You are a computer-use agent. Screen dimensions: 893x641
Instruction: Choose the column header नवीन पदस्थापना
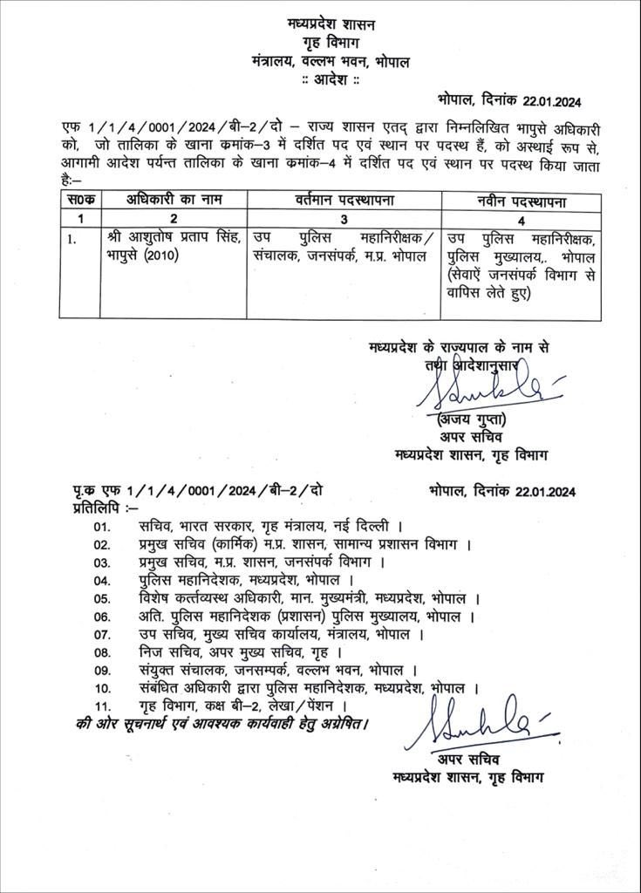[x=522, y=201]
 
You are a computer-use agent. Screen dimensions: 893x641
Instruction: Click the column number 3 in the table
[x=343, y=220]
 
